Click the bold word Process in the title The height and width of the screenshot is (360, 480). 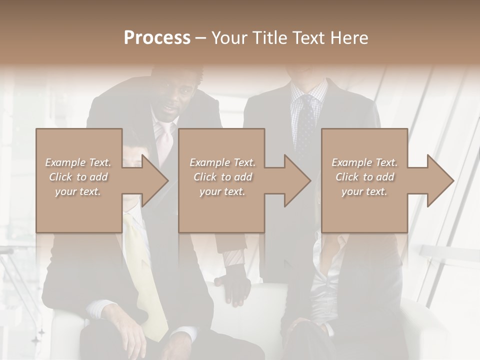coord(157,38)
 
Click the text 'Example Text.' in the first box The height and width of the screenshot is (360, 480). coord(78,162)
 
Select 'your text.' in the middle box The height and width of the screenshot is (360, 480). coord(222,191)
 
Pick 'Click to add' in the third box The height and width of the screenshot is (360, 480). coord(364,177)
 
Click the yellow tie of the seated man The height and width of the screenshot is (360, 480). coord(145,280)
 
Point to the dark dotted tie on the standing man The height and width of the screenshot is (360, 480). coord(305,125)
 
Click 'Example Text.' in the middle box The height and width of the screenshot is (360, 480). coord(222,162)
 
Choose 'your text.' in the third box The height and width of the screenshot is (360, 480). coord(364,191)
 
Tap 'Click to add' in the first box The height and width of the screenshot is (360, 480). coord(78,177)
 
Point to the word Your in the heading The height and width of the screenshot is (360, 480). coord(228,38)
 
